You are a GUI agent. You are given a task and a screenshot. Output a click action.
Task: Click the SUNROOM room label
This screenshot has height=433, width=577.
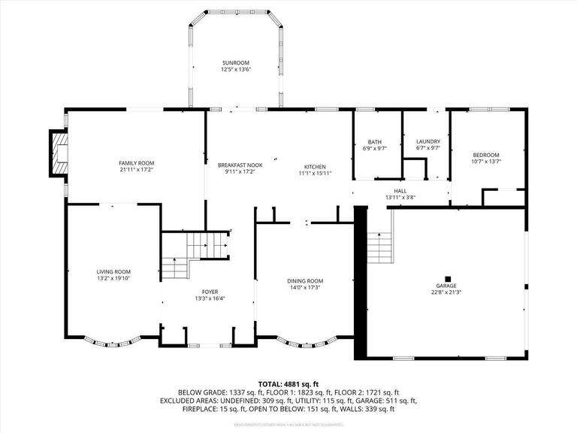pos(235,62)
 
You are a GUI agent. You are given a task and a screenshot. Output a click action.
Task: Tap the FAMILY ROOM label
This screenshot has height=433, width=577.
pos(136,163)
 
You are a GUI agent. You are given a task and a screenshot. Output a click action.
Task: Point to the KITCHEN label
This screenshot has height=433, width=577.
pos(314,166)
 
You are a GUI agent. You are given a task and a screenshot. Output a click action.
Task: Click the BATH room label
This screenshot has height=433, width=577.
pos(374,142)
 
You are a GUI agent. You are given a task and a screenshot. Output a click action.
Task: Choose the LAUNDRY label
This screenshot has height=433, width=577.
pos(427,141)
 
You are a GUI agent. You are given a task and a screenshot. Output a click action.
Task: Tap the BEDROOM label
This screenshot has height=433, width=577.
pos(485,154)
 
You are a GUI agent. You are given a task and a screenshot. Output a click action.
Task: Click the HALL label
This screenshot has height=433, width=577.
pos(400,191)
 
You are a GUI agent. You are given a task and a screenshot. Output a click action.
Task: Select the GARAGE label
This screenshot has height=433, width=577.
pos(446,286)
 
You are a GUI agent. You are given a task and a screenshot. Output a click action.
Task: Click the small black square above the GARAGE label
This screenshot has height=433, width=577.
pos(448,277)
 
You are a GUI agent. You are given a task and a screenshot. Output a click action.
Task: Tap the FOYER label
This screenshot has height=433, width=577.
pos(210,292)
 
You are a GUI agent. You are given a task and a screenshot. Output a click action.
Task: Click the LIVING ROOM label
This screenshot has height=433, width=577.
pos(113,271)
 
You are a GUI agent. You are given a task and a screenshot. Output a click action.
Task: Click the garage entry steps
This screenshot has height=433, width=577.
pos(379,244)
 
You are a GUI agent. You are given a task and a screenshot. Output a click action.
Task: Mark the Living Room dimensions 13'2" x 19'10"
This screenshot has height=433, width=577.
pos(113,278)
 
